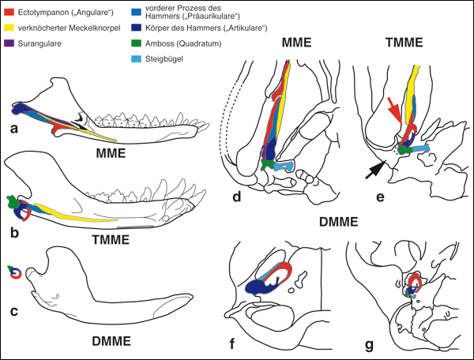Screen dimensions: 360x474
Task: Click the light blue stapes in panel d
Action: click(285, 167)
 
